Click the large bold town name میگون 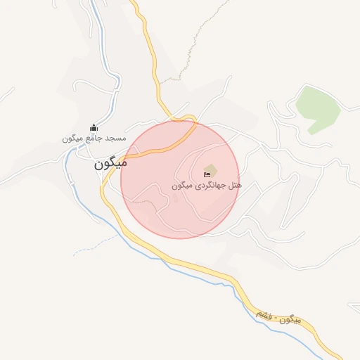pos(110,166)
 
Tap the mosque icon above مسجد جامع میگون pos(94,127)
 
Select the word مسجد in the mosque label pos(115,139)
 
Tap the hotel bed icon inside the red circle pos(208,174)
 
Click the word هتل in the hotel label pos(235,186)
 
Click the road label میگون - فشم pos(278,316)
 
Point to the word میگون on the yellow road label pos(291,321)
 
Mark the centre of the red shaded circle pos(179,179)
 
